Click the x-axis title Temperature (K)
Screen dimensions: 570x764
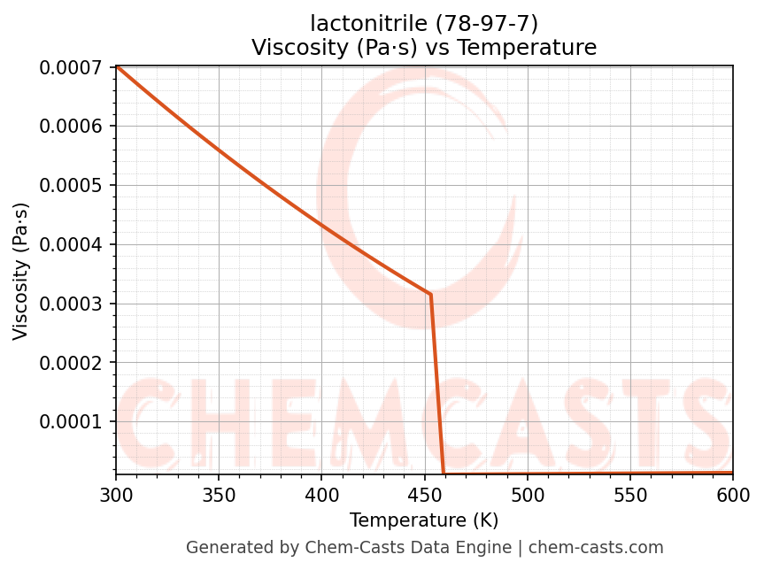pyautogui.click(x=424, y=520)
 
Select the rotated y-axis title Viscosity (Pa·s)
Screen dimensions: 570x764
pyautogui.click(x=21, y=271)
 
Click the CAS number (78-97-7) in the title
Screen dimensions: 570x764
pyautogui.click(x=482, y=23)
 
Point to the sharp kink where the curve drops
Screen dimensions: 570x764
pyautogui.click(x=430, y=294)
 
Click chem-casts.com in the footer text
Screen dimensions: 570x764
pyautogui.click(x=608, y=548)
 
